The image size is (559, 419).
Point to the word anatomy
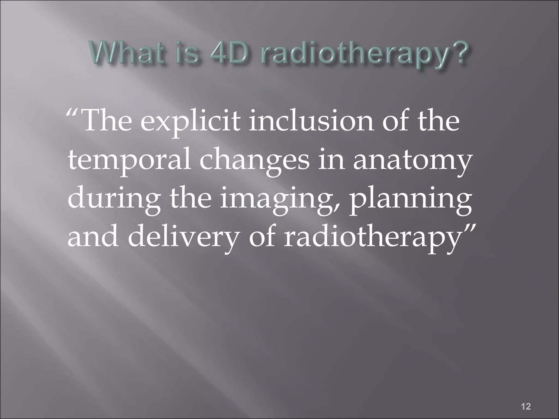[412, 161]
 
